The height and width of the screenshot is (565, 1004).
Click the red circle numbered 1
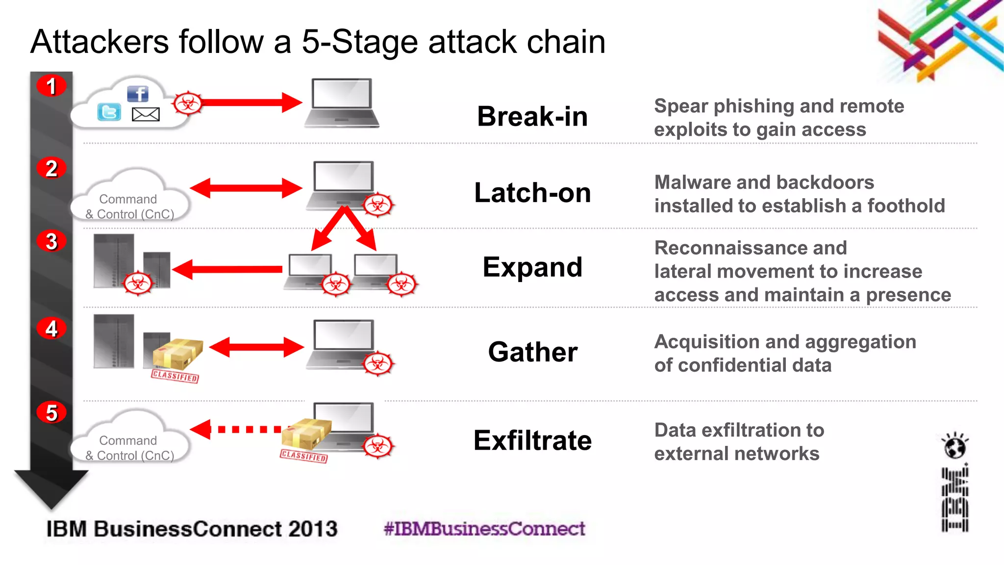(x=51, y=86)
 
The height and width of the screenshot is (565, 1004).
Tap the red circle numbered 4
(x=51, y=328)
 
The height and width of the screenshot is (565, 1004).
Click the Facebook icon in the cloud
(x=138, y=94)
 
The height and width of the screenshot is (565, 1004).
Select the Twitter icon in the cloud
(x=109, y=112)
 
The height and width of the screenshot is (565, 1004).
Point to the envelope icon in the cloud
(x=146, y=114)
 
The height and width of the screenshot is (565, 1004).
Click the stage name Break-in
(x=532, y=117)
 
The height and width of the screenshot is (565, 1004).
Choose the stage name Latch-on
(x=532, y=193)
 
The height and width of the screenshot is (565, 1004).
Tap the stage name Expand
(x=532, y=267)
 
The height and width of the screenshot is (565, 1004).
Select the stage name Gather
(x=532, y=352)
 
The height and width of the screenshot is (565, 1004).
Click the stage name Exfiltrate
(x=532, y=440)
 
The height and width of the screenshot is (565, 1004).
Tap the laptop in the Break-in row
(x=342, y=103)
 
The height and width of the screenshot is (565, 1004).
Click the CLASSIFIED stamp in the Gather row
(x=175, y=376)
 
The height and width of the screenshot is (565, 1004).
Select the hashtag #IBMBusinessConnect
(x=484, y=529)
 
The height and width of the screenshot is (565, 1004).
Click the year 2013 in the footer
(x=313, y=529)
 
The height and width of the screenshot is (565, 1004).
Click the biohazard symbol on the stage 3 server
(x=138, y=283)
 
